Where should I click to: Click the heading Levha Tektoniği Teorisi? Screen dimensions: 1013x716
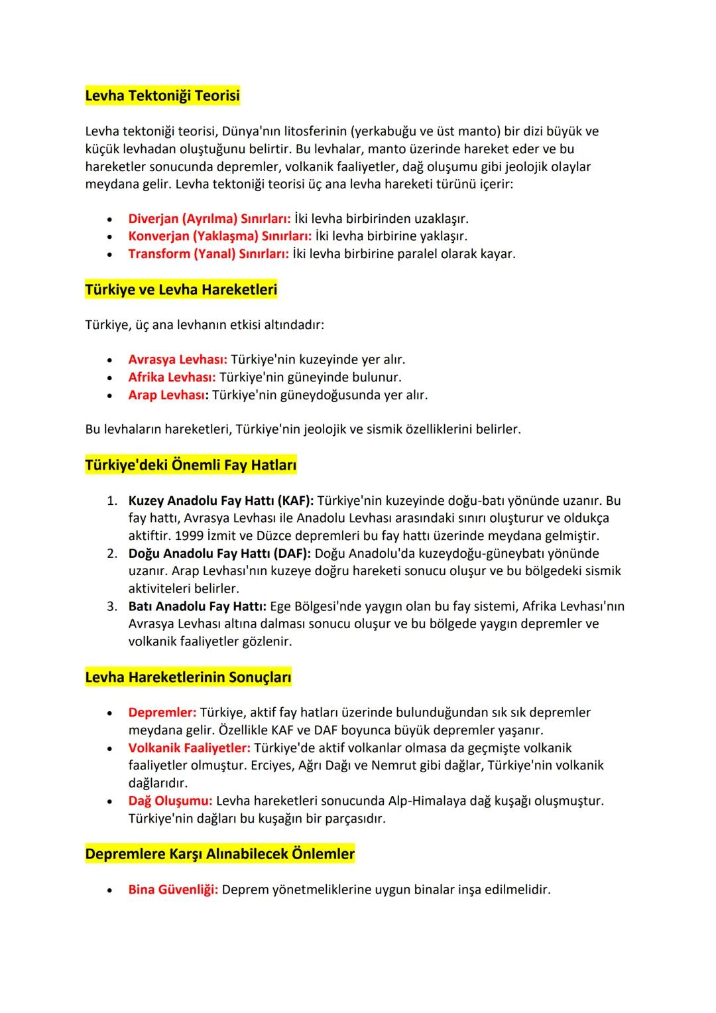point(162,96)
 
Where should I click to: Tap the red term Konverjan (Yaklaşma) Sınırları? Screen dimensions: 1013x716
point(219,236)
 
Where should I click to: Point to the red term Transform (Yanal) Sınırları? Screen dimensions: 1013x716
point(208,253)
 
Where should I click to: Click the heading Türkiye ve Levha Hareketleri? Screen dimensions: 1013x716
point(181,290)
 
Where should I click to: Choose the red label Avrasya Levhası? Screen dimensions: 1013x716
point(178,360)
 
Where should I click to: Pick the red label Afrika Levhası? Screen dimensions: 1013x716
point(172,377)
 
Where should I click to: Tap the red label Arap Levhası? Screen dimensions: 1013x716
point(168,395)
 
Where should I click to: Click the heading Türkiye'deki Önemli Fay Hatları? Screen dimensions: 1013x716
point(191,465)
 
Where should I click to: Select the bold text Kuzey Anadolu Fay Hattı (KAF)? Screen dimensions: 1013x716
point(221,500)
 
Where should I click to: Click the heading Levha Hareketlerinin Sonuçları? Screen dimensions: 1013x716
point(188,677)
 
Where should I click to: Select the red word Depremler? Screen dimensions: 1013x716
point(162,712)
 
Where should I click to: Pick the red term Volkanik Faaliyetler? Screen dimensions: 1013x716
point(189,748)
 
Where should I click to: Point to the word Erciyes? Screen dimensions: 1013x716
point(274,766)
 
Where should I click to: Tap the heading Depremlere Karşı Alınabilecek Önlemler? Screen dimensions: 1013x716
point(220,854)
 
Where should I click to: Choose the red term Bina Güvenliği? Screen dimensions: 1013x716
point(173,889)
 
